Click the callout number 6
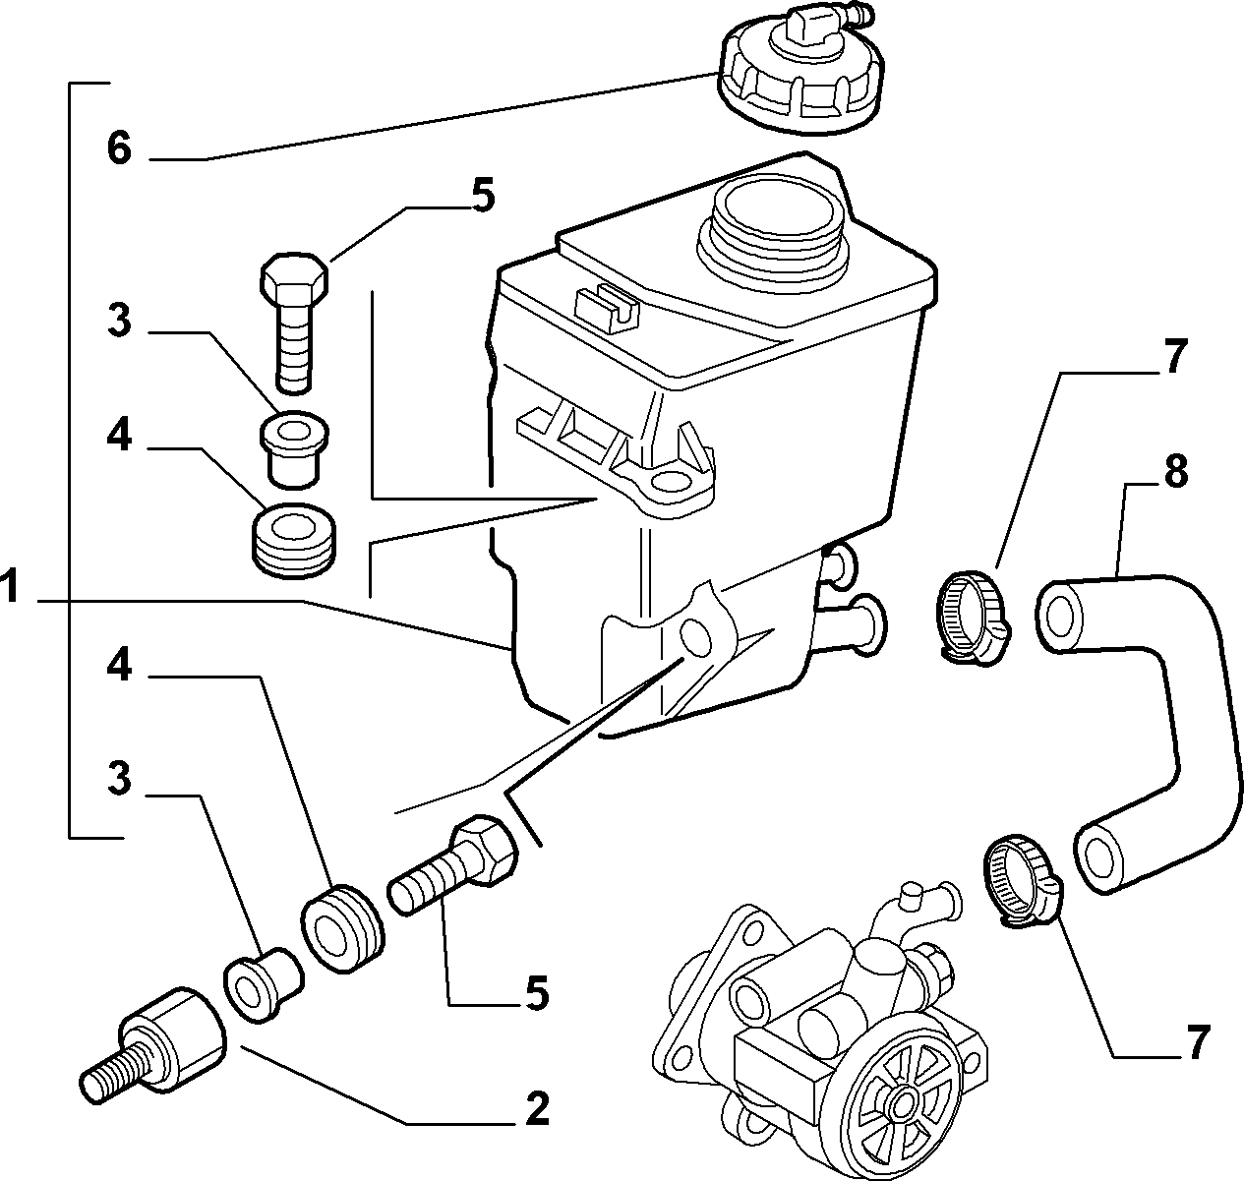[x=119, y=150]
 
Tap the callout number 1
[x=11, y=586]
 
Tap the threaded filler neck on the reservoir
[x=771, y=235]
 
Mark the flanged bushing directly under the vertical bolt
[x=294, y=448]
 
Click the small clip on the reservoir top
[x=608, y=308]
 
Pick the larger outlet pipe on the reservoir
[x=851, y=624]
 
